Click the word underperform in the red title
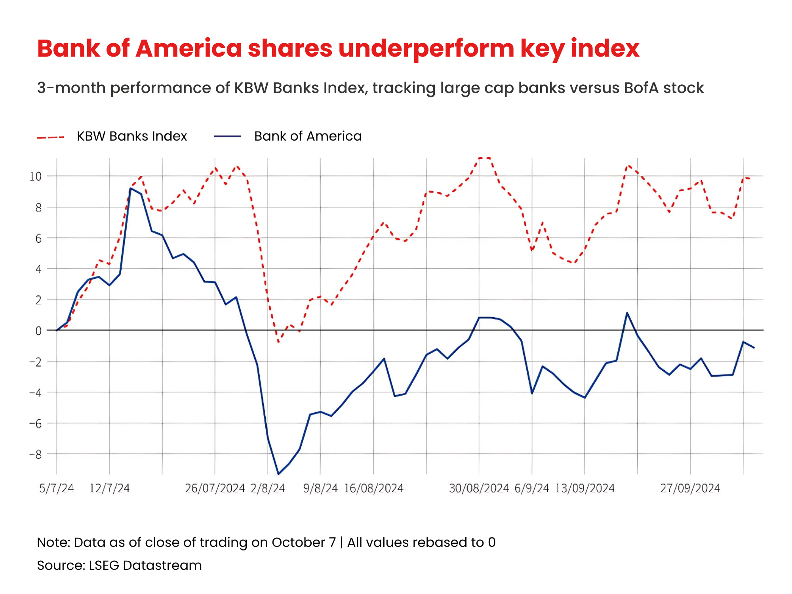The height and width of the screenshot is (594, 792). [426, 49]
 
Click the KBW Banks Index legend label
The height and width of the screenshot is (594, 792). [131, 136]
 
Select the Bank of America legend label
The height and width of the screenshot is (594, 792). [308, 136]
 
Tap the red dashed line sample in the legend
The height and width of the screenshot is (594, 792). [50, 137]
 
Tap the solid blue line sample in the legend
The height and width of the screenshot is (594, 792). [228, 137]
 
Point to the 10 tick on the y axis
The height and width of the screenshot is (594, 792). [36, 176]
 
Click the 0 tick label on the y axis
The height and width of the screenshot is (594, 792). [38, 331]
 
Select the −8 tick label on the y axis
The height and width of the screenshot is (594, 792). [36, 454]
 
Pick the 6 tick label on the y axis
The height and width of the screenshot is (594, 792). [38, 238]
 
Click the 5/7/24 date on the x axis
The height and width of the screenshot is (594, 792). [57, 488]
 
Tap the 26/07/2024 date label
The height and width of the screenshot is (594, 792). [215, 488]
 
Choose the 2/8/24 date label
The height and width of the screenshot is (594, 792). [268, 488]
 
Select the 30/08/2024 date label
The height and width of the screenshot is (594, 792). [479, 488]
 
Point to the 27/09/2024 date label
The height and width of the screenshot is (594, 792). [690, 488]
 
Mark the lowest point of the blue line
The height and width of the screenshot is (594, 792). [278, 474]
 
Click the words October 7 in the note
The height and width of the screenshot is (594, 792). [303, 542]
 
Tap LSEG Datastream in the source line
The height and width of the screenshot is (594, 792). [145, 565]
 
